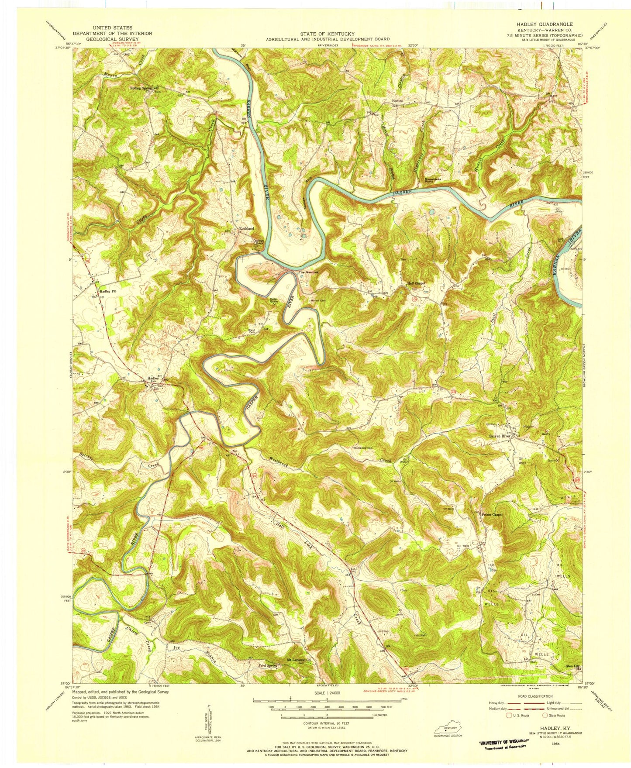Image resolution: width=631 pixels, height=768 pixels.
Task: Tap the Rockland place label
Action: [x=247, y=228]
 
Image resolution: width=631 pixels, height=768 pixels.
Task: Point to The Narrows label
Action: [x=308, y=273]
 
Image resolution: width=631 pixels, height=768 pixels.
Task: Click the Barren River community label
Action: [x=499, y=436]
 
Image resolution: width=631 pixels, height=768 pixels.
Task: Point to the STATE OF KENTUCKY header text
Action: [x=328, y=34]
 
